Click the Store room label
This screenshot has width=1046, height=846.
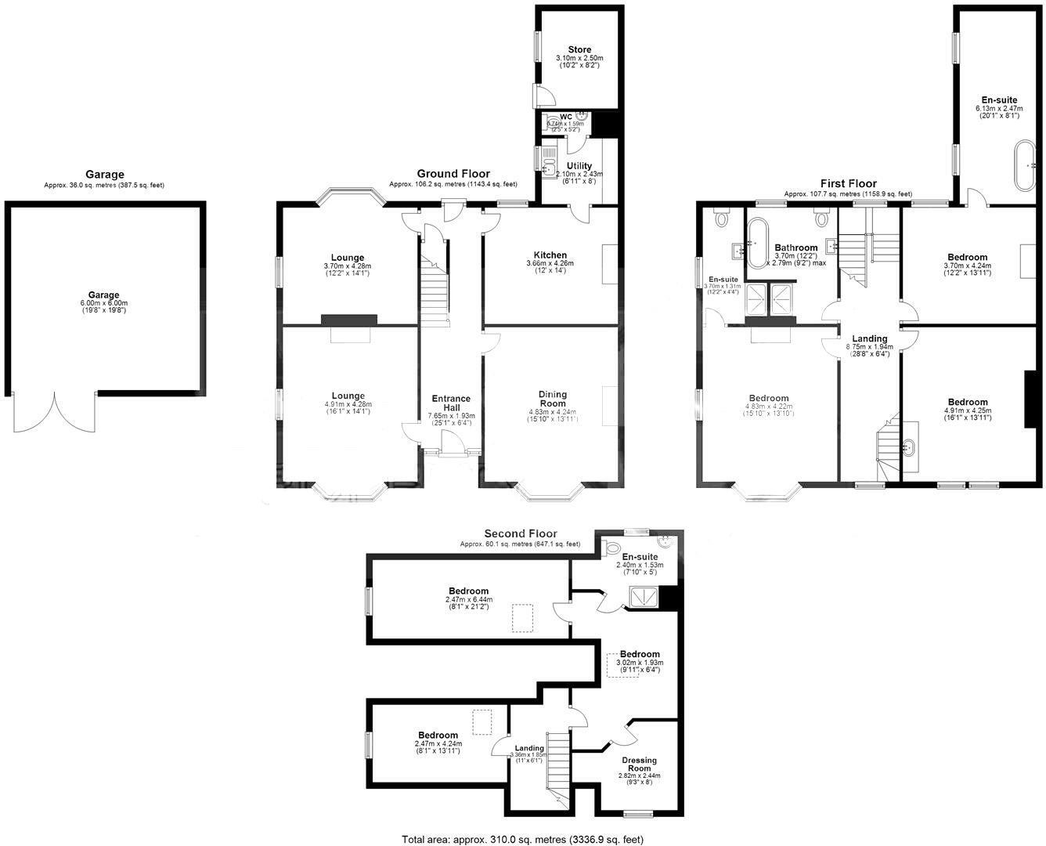579,49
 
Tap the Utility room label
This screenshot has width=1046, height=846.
579,166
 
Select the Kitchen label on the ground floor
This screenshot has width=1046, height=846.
550,255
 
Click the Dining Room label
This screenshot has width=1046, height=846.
552,399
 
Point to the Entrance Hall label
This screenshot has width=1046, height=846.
451,403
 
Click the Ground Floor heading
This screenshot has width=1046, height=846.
453,174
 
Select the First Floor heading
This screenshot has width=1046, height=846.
848,183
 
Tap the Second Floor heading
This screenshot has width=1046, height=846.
521,533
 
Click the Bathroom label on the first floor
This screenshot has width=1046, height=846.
795,248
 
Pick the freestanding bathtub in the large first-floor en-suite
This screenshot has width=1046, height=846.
1025,166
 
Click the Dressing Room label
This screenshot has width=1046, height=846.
639,764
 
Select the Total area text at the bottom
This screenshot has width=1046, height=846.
522,839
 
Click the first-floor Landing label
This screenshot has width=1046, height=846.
869,339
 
